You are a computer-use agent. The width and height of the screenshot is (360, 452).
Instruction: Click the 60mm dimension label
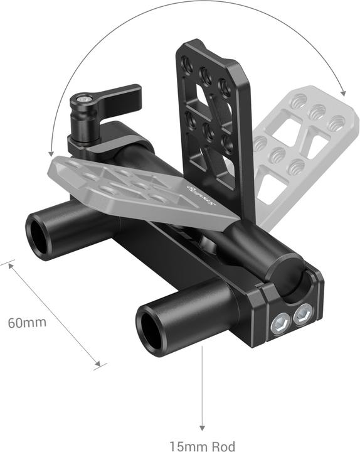tap(27, 323)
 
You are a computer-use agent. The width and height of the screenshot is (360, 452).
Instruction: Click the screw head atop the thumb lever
tap(83, 99)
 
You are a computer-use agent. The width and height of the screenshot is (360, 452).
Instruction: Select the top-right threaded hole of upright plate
tap(224, 84)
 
